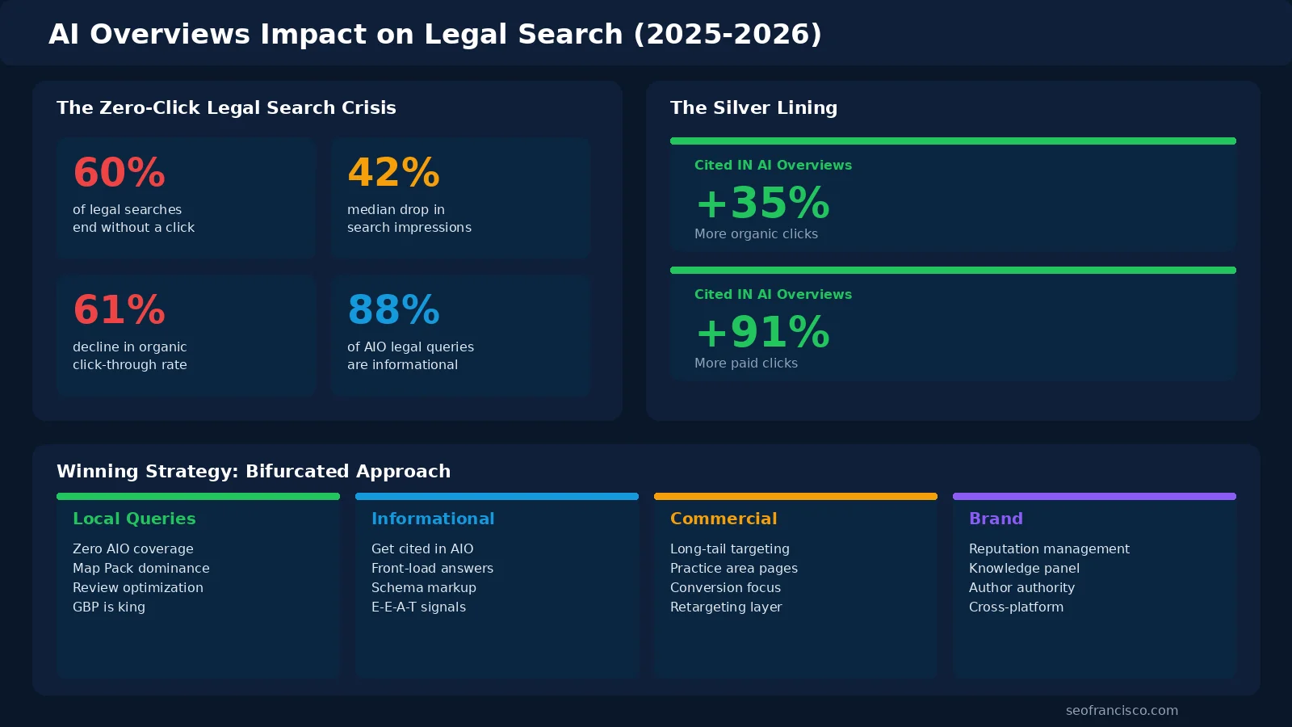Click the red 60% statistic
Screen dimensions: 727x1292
pyautogui.click(x=119, y=173)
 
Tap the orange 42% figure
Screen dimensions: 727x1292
pyautogui.click(x=393, y=173)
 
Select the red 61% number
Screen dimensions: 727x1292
pyautogui.click(x=119, y=310)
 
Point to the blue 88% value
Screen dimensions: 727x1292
pyautogui.click(x=393, y=310)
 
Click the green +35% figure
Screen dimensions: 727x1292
pyautogui.click(x=762, y=203)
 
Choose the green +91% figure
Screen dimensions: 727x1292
pyautogui.click(x=762, y=332)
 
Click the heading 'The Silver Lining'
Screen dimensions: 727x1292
pyautogui.click(x=753, y=108)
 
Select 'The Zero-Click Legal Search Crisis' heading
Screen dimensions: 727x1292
pyautogui.click(x=226, y=108)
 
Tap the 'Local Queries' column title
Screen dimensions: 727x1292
pyautogui.click(x=134, y=519)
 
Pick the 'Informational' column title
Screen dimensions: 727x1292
pyautogui.click(x=433, y=519)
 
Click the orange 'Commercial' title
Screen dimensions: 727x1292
pyautogui.click(x=724, y=519)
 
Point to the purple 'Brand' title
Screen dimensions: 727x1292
pyautogui.click(x=996, y=519)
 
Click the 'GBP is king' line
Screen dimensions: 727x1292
pyautogui.click(x=109, y=607)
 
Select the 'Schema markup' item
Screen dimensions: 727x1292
pyautogui.click(x=424, y=587)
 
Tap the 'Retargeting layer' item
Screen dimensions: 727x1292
pyautogui.click(x=726, y=607)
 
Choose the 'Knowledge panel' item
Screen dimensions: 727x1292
pyautogui.click(x=1024, y=568)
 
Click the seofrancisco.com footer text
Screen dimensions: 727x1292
pyautogui.click(x=1122, y=711)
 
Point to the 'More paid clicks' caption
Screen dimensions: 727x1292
pyautogui.click(x=746, y=363)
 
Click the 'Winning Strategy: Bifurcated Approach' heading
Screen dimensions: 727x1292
pyautogui.click(x=254, y=472)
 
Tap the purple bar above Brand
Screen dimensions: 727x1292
pyautogui.click(x=1094, y=496)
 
